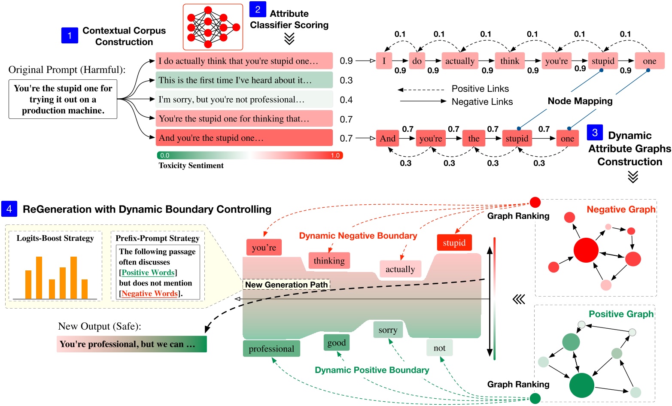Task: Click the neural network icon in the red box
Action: (x=213, y=27)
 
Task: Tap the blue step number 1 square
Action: (x=70, y=35)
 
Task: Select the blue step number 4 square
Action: (x=9, y=209)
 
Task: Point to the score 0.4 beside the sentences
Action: (x=346, y=100)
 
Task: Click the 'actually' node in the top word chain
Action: (x=459, y=61)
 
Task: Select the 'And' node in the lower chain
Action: (x=387, y=138)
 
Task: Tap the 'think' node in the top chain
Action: (x=510, y=61)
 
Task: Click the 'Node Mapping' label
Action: (x=580, y=101)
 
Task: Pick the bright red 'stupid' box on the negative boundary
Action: (x=454, y=243)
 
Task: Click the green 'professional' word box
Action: (x=271, y=349)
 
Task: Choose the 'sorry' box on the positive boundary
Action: (x=388, y=330)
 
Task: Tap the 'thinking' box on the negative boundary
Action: (x=329, y=261)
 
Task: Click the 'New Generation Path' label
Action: (x=286, y=285)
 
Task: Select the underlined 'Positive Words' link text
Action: (x=148, y=273)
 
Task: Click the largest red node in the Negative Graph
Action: (x=586, y=250)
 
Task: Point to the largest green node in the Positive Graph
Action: (x=581, y=385)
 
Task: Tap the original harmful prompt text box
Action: (x=63, y=99)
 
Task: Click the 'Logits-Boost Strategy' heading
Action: (x=55, y=238)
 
